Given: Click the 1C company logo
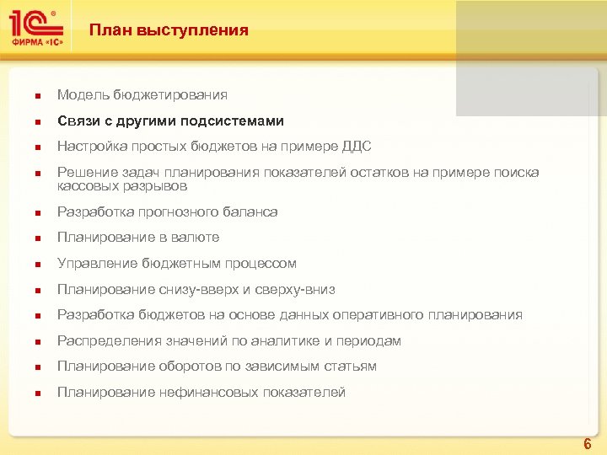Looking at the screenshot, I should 36,29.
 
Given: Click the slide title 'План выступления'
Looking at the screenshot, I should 169,30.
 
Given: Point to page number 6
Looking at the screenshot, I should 588,443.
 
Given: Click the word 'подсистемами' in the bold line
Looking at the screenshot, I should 236,121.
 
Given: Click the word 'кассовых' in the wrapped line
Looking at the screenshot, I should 84,185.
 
